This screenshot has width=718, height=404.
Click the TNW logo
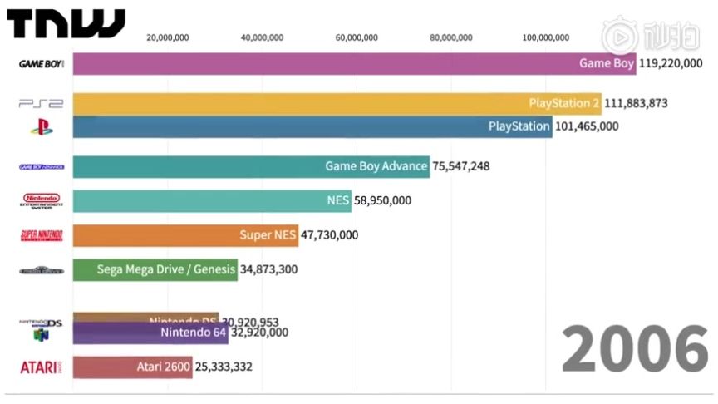click(66, 24)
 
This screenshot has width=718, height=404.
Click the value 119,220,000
click(678, 63)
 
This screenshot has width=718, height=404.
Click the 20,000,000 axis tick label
click(167, 37)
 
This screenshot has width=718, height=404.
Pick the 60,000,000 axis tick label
click(357, 37)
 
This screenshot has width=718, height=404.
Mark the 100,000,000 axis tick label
click(546, 37)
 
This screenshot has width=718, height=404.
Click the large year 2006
click(634, 349)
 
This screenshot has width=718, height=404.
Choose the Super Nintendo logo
click(41, 235)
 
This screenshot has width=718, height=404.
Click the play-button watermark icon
click(619, 37)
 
